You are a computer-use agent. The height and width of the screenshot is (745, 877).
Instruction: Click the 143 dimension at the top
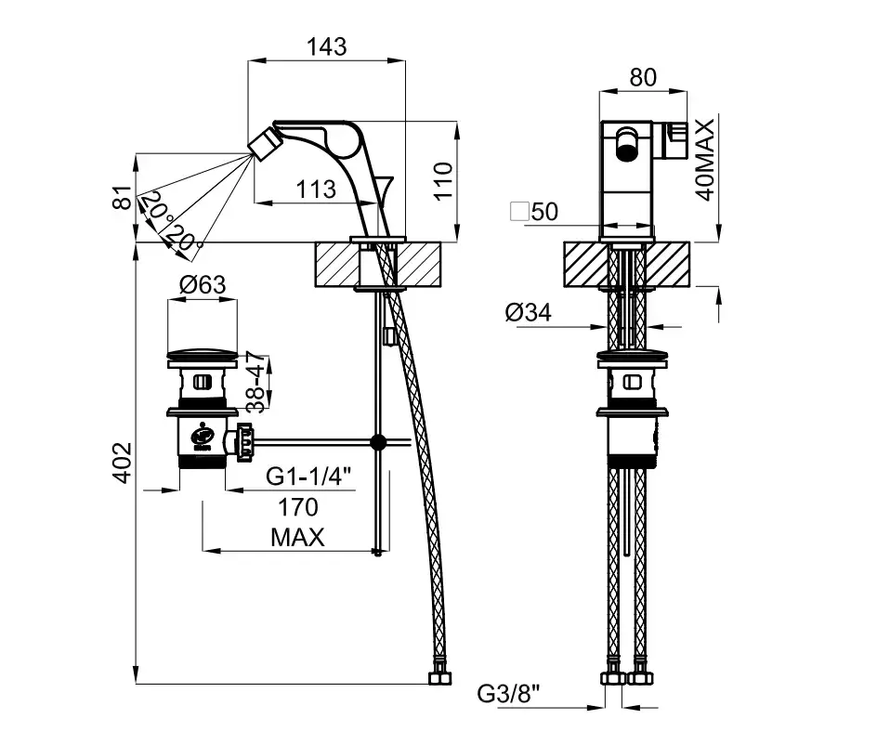tap(326, 46)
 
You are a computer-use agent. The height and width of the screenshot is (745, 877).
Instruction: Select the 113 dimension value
tap(316, 190)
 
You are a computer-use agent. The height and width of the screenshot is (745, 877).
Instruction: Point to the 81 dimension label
tap(118, 197)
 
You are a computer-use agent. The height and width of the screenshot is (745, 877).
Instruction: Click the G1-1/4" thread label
tap(309, 477)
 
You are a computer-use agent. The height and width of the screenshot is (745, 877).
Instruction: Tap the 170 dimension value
tap(297, 507)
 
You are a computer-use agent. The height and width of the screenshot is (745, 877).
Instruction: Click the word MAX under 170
tap(297, 537)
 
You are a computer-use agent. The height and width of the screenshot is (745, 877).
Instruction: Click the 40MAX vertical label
tap(705, 161)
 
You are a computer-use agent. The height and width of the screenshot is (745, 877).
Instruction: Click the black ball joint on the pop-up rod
tap(377, 442)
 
